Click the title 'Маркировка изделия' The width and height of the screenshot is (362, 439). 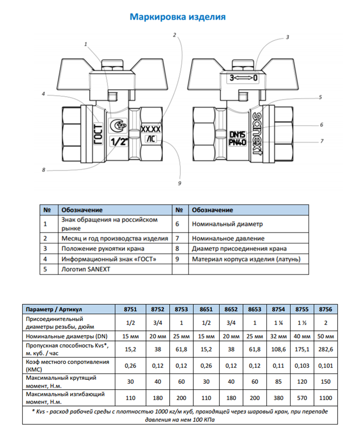click(x=177, y=17)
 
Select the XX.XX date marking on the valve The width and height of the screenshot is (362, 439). click(x=151, y=129)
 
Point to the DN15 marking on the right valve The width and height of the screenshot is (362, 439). click(x=237, y=134)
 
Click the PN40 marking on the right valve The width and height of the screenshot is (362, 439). click(x=237, y=142)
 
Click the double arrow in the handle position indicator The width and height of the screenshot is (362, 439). click(x=243, y=78)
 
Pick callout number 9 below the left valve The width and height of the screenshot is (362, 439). click(x=180, y=183)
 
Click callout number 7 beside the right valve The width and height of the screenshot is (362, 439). click(x=322, y=141)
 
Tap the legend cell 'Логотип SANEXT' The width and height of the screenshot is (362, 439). click(x=86, y=269)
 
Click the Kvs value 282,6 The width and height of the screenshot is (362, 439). click(x=326, y=350)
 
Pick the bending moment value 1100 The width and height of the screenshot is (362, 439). click(x=326, y=398)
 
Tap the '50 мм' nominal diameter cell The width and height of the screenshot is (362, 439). click(x=326, y=336)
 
